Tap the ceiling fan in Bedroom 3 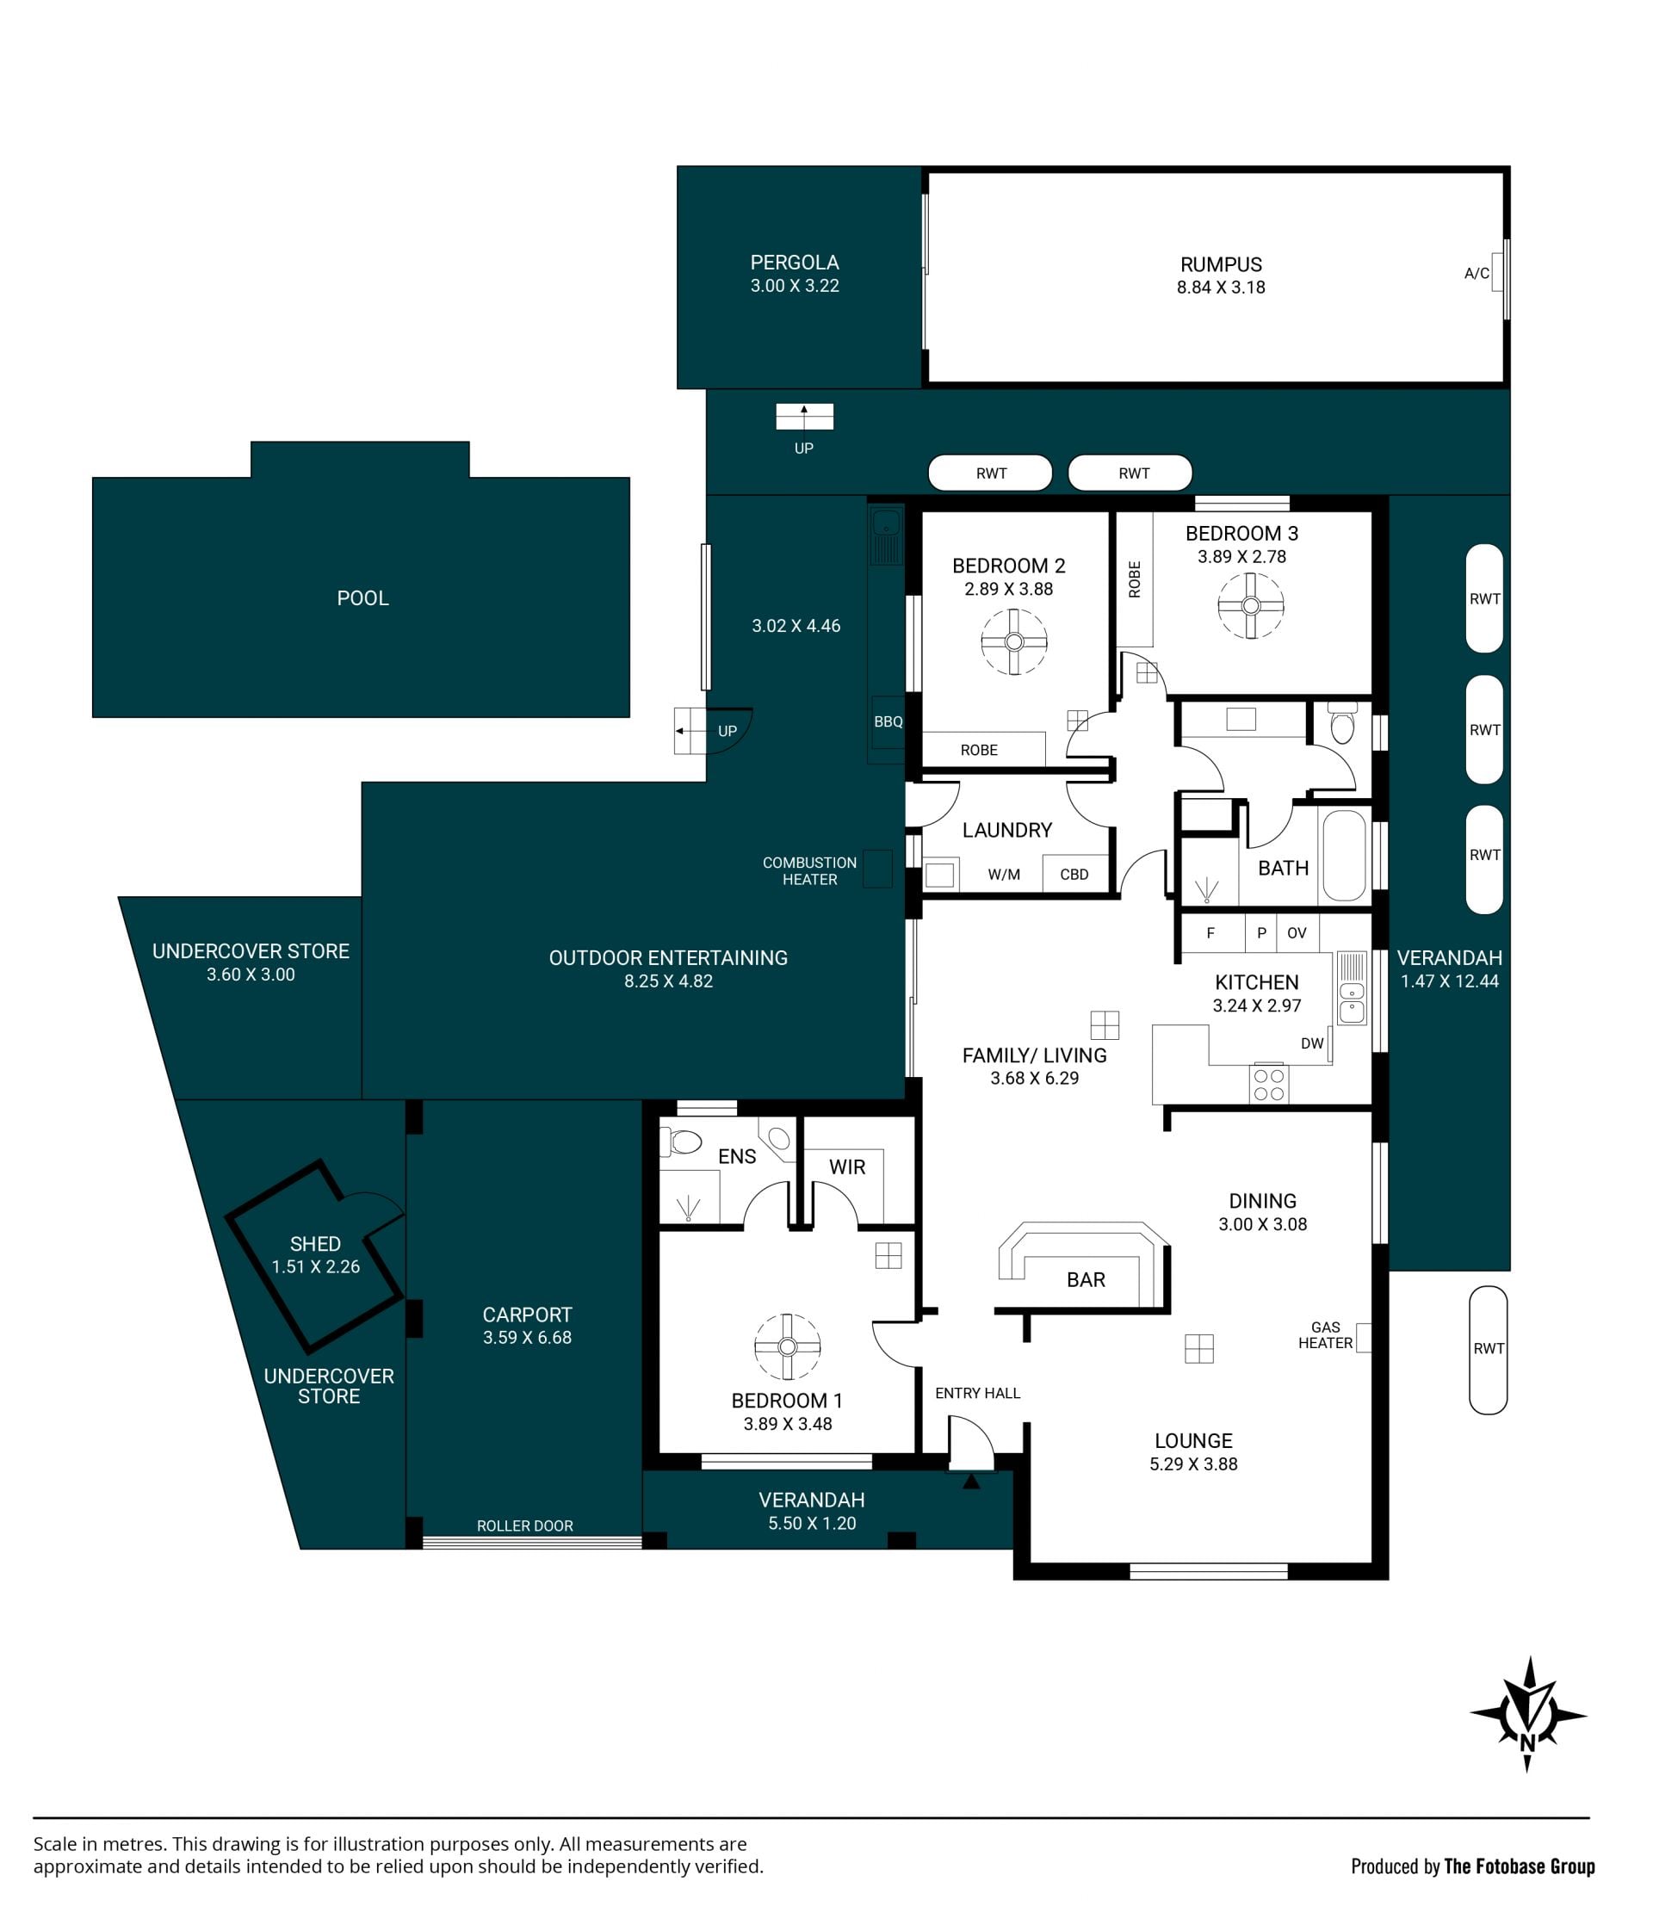1251,606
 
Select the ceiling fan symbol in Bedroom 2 1013,642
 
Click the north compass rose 1527,1715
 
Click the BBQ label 888,721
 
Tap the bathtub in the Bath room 1344,855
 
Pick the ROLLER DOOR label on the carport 524,1526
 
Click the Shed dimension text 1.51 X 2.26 316,1267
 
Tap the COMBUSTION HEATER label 809,871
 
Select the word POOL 362,598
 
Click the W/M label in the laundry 1004,875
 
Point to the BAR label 1086,1280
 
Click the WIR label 847,1167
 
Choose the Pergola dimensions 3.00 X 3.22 795,286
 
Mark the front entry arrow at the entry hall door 971,1481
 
